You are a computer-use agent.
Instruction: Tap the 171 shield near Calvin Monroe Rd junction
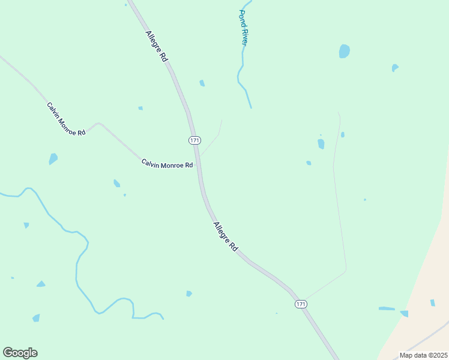(194, 140)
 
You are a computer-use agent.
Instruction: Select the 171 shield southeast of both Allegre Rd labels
(301, 305)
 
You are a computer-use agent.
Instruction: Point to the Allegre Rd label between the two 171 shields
(225, 236)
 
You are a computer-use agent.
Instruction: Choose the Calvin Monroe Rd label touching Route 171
(167, 164)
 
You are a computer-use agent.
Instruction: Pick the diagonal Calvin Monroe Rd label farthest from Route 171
(66, 118)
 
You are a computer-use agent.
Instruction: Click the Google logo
(20, 353)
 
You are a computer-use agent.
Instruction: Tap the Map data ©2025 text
(423, 355)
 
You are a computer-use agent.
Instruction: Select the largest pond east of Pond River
(344, 52)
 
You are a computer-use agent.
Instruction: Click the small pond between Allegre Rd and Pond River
(202, 83)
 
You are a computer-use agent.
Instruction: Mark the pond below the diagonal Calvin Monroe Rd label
(53, 159)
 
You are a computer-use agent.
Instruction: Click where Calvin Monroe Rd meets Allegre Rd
(197, 161)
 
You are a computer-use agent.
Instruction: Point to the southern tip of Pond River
(251, 108)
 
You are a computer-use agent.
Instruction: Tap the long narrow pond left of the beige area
(387, 309)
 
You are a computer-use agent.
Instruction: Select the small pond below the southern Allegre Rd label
(189, 293)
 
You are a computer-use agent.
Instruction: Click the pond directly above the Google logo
(36, 318)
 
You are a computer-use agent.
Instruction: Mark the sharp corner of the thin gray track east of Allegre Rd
(346, 270)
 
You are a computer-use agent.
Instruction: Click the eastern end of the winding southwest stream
(163, 318)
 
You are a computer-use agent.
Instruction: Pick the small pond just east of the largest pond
(394, 68)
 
